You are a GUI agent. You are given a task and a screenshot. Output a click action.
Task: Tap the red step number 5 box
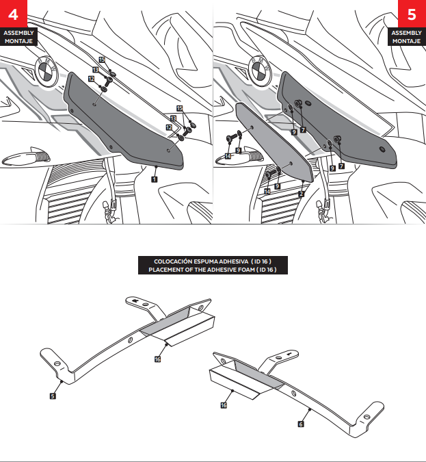(411, 14)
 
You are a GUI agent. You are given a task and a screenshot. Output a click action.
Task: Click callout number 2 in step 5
(301, 194)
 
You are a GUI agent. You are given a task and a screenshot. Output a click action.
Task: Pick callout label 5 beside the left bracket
(53, 395)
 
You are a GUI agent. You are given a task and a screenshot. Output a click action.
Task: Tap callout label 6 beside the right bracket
(301, 424)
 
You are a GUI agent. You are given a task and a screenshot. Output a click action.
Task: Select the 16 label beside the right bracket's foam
(224, 405)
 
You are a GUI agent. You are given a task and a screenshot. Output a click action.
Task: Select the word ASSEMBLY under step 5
(407, 33)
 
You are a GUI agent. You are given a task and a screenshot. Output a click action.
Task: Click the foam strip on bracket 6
(256, 376)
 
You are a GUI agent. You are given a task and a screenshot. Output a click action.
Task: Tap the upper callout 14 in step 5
(228, 156)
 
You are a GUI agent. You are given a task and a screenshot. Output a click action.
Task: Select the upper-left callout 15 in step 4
(102, 60)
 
